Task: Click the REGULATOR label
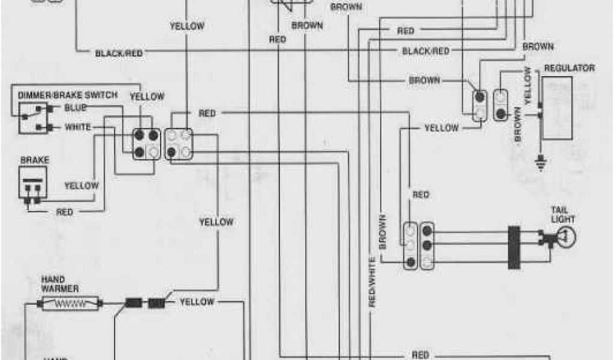pyautogui.click(x=568, y=68)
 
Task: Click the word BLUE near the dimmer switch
pyautogui.click(x=76, y=107)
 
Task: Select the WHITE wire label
pyautogui.click(x=78, y=127)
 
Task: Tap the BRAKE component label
pyautogui.click(x=35, y=161)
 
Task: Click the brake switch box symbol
pyautogui.click(x=34, y=184)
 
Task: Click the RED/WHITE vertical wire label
pyautogui.click(x=372, y=282)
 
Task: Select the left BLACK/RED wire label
pyautogui.click(x=119, y=53)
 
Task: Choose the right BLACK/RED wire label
pyautogui.click(x=426, y=52)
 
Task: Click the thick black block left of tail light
pyautogui.click(x=514, y=247)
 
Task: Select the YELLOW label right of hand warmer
pyautogui.click(x=197, y=301)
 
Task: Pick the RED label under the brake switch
pyautogui.click(x=65, y=211)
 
